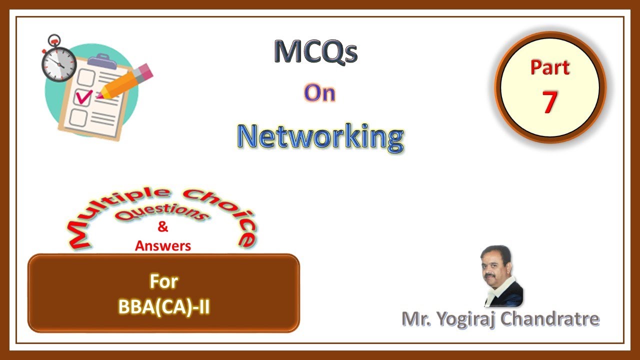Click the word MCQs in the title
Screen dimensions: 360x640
[315, 52]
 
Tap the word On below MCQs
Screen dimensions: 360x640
[319, 93]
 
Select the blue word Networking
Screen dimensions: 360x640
[320, 137]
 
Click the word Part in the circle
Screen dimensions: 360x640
[549, 67]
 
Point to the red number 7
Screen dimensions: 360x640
[549, 101]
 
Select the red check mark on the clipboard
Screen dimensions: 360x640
[83, 96]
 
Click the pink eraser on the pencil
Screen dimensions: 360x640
[144, 71]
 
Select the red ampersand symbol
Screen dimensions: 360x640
[163, 227]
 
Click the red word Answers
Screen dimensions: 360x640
[163, 245]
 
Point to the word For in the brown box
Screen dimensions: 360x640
[163, 281]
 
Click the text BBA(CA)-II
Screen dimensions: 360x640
[163, 306]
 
